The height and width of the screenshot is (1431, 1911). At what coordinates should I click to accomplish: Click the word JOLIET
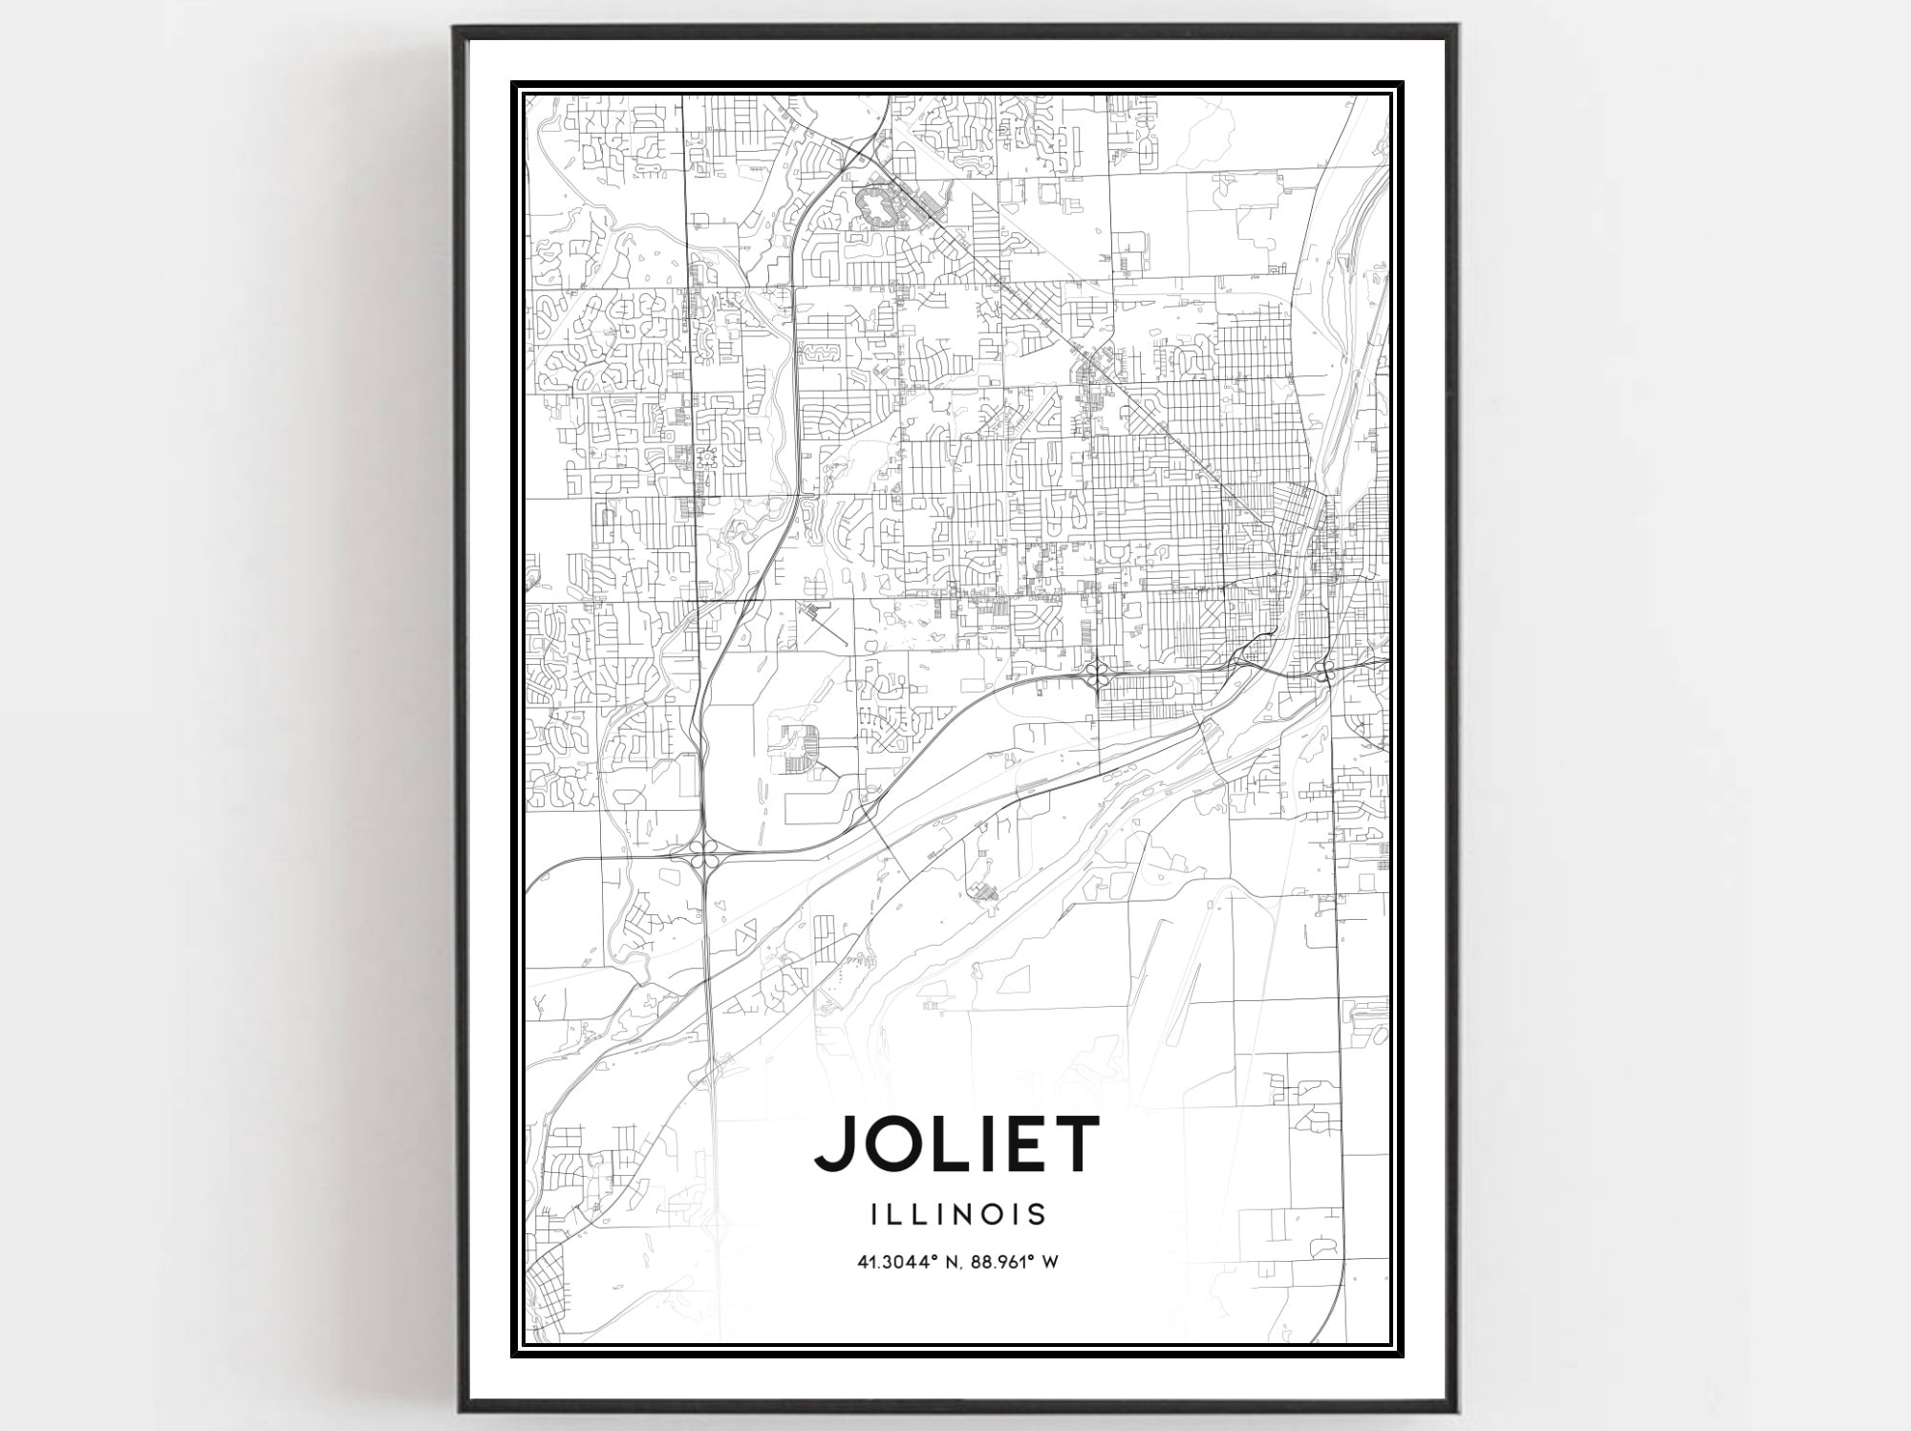pyautogui.click(x=956, y=1143)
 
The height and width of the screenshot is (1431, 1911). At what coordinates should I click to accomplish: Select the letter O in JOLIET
pyautogui.click(x=891, y=1143)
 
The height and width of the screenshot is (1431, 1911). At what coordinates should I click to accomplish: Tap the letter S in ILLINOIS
pyautogui.click(x=1037, y=1214)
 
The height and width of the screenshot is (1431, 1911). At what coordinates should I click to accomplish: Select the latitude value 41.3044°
pyautogui.click(x=894, y=1262)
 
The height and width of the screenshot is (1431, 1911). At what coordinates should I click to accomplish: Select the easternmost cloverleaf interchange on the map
pyautogui.click(x=1326, y=672)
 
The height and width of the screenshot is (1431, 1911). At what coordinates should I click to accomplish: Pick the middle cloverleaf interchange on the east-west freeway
pyautogui.click(x=1097, y=675)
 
